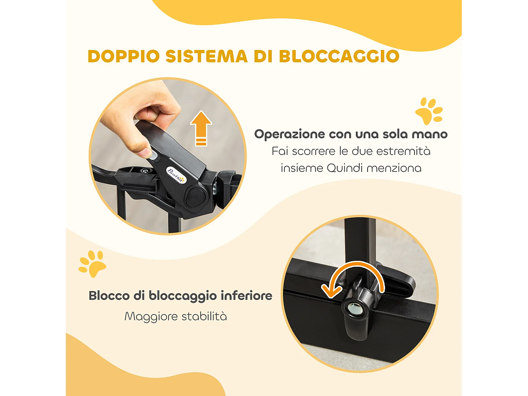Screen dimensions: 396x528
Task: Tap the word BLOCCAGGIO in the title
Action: click(339, 56)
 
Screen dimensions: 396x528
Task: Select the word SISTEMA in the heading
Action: click(207, 56)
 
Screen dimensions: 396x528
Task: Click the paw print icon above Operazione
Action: click(429, 111)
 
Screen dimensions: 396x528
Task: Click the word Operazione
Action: click(289, 134)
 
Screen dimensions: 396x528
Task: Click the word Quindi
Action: click(345, 168)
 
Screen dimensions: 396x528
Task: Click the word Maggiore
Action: click(149, 316)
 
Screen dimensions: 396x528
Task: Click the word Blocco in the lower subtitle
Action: click(109, 296)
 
